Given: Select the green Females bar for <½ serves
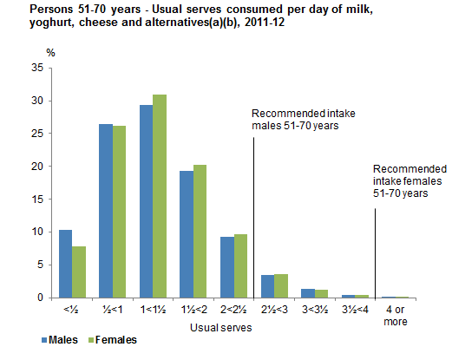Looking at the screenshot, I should (x=79, y=272).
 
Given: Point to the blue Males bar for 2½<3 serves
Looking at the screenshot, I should (x=267, y=286).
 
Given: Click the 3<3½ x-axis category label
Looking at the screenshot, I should (x=313, y=308).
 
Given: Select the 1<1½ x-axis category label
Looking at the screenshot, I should (x=152, y=308).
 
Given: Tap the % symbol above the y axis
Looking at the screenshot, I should (x=50, y=53).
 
